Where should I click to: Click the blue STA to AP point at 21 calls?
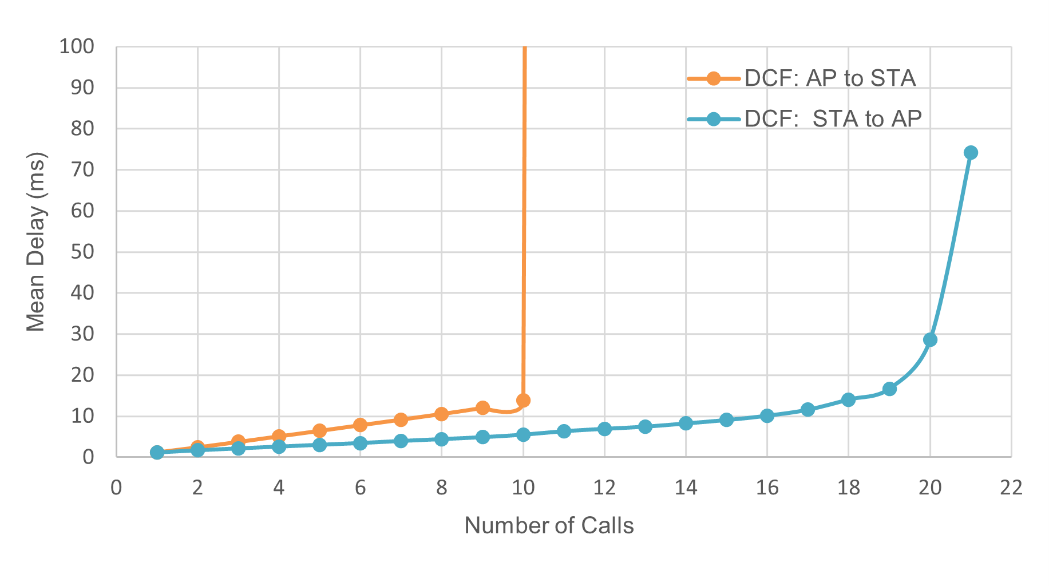[x=971, y=152]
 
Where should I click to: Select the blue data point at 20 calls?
[x=930, y=339]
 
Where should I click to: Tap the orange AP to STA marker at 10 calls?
[x=523, y=400]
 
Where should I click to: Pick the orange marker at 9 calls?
[x=482, y=407]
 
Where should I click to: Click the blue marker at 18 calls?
[x=848, y=399]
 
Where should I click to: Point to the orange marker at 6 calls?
[x=360, y=425]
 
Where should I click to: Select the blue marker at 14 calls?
[x=686, y=423]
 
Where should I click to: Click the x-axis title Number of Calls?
[x=549, y=525]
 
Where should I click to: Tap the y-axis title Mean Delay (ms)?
[x=35, y=241]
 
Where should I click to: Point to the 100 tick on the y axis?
[x=77, y=46]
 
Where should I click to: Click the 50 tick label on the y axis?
[x=82, y=252]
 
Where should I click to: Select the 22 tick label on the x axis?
[x=1011, y=488]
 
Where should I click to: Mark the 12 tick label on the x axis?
[x=604, y=488]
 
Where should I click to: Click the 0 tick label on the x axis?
[x=116, y=488]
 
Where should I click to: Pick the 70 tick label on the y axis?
[x=82, y=169]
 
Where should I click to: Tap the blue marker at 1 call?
[x=157, y=452]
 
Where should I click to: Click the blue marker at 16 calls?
[x=767, y=415]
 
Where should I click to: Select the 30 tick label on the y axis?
[x=82, y=334]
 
